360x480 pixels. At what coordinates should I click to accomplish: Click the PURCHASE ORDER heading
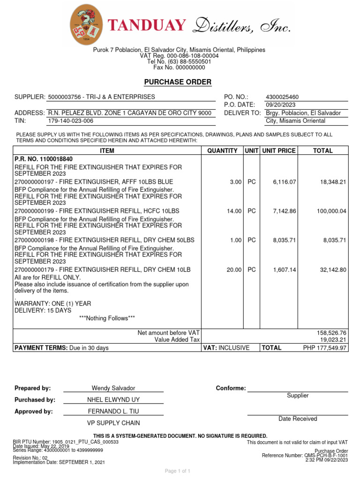point(178,82)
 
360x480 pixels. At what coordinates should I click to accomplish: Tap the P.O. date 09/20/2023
point(281,105)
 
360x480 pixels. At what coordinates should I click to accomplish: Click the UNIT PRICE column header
point(279,150)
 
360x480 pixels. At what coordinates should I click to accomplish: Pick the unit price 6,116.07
point(285,181)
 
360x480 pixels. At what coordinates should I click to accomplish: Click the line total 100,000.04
point(331,211)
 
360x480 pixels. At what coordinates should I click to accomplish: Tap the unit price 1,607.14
point(285,270)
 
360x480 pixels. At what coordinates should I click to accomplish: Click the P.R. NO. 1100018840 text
point(44,159)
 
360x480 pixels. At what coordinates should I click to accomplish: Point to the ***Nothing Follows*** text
point(107,318)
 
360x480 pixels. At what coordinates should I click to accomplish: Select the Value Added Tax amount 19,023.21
point(332,340)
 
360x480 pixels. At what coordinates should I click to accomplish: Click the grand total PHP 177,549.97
point(325,348)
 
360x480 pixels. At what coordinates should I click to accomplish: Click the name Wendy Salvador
point(113,388)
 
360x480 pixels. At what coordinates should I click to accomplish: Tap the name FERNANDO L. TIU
point(113,412)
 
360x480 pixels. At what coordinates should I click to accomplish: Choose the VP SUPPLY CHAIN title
point(113,423)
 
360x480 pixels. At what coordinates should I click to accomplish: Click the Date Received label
point(298,419)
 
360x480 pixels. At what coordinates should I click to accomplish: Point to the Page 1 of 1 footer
point(177,471)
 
